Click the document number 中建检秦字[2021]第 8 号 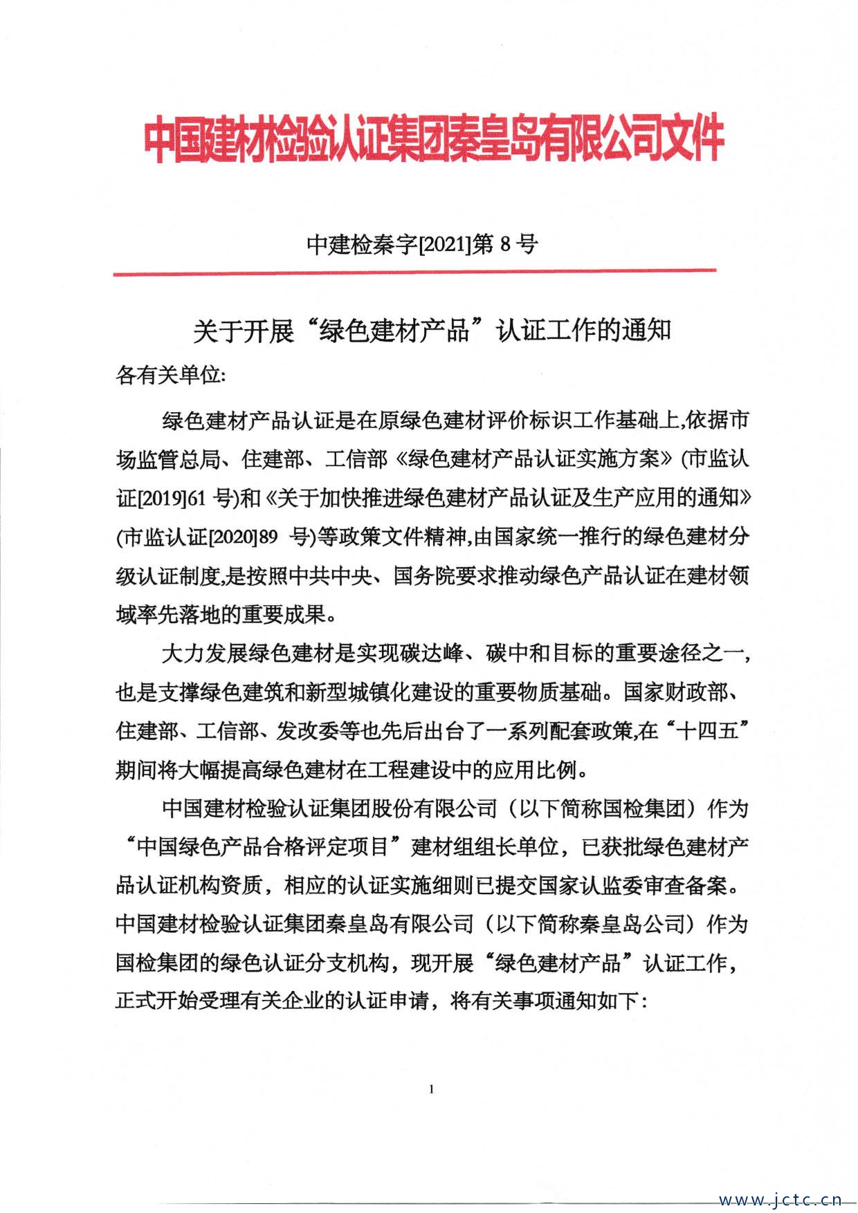(422, 244)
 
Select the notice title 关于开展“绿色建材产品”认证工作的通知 (432, 331)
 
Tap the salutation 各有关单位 (169, 376)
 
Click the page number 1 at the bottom (432, 1089)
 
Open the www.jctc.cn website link (781, 1198)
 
